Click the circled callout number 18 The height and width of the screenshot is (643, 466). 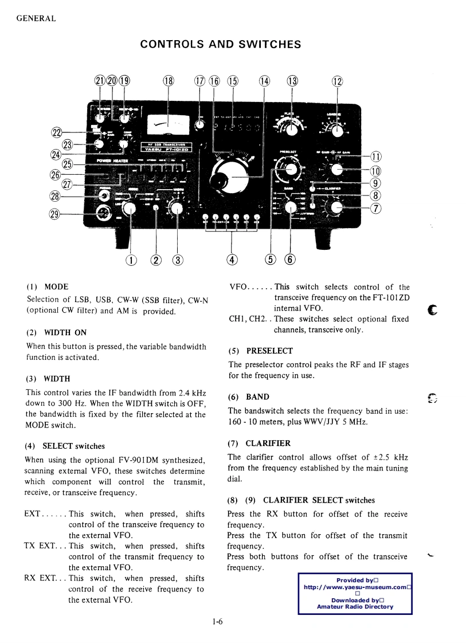[x=168, y=81]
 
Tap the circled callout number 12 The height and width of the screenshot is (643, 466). [x=337, y=81]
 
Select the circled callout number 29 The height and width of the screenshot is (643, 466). [x=56, y=214]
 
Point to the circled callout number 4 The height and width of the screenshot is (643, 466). [x=232, y=260]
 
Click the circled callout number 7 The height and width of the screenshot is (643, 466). [x=376, y=207]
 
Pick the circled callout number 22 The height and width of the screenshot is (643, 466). [x=56, y=133]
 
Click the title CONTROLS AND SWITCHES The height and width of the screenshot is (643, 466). [x=221, y=44]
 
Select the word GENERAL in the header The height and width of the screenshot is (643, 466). [x=36, y=18]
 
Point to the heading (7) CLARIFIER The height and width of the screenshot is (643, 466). [x=259, y=443]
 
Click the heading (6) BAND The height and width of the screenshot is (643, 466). [x=248, y=397]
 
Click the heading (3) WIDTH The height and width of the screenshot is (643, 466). [x=49, y=379]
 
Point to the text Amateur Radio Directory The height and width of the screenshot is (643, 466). [x=355, y=607]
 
